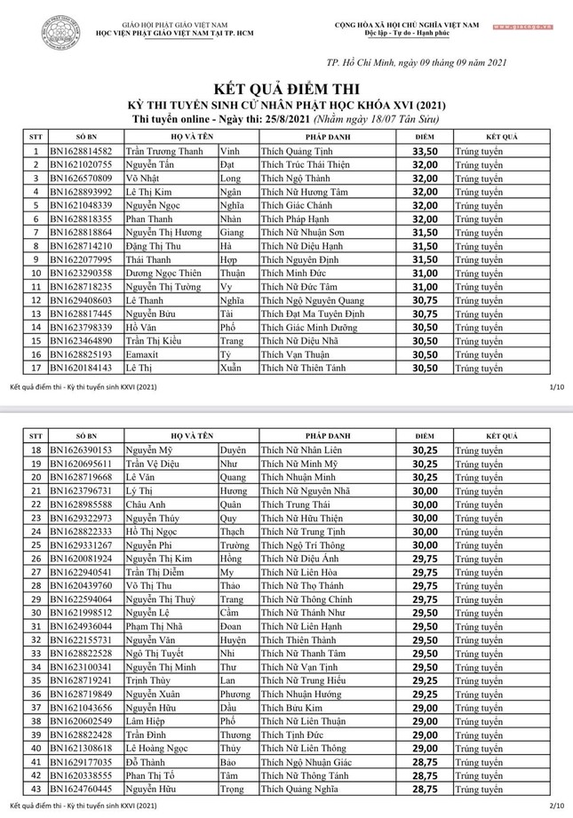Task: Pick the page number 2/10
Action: pos(557,806)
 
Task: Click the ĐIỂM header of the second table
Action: pos(425,437)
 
